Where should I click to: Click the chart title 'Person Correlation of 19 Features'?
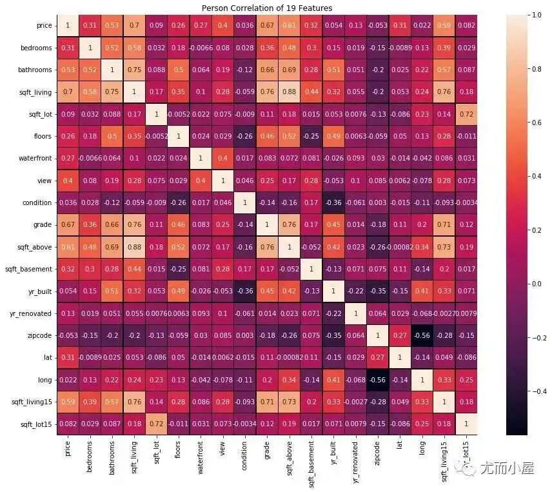[x=266, y=8]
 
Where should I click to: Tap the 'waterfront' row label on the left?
[x=37, y=158]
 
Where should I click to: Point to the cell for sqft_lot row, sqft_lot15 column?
[x=466, y=114]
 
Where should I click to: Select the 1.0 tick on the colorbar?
[x=517, y=14]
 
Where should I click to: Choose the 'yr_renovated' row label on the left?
[x=33, y=313]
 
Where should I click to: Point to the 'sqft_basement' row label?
[x=28, y=269]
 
